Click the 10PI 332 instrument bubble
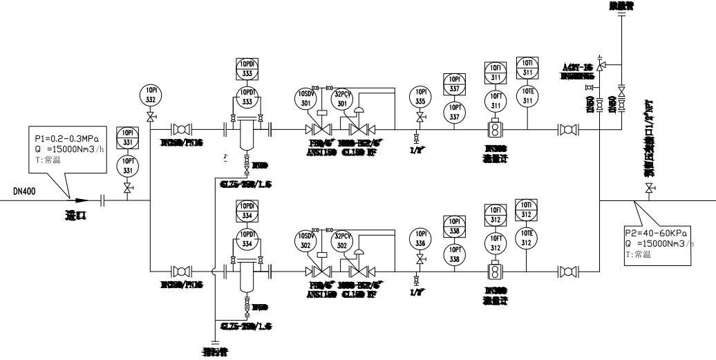coord(150,95)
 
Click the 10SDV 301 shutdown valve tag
coord(305,97)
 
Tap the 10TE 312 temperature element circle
coord(527,238)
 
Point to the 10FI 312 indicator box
coord(496,211)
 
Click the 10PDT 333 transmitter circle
coord(247,98)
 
